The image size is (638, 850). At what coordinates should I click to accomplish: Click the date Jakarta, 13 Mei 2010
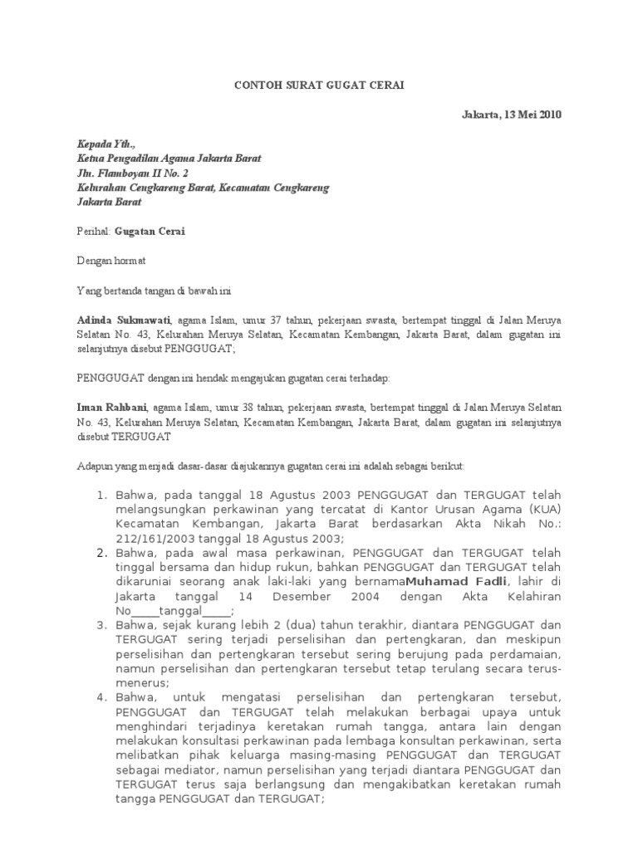coord(512,115)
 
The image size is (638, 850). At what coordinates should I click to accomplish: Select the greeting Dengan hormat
coord(111,261)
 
